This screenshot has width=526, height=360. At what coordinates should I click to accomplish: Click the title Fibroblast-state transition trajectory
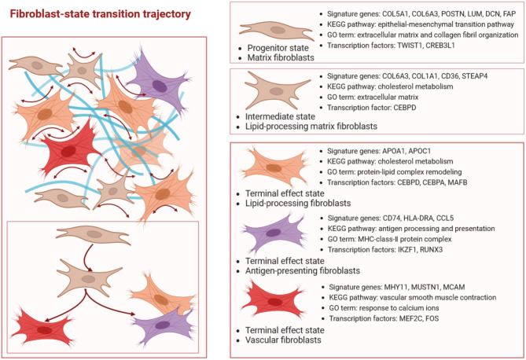[100, 14]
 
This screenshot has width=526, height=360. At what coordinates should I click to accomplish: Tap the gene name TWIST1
[410, 46]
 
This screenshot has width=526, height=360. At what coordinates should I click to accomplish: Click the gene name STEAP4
[474, 76]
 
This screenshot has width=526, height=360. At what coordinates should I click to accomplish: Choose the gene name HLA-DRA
[417, 218]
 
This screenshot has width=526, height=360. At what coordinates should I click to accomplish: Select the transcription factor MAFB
[458, 182]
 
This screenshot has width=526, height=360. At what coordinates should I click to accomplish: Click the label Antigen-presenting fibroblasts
[303, 270]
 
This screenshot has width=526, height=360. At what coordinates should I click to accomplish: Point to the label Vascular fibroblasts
[283, 340]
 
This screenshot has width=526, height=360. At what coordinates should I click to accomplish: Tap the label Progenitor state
[278, 48]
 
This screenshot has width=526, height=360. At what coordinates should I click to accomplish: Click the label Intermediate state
[280, 117]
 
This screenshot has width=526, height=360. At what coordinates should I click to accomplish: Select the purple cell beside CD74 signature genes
[274, 233]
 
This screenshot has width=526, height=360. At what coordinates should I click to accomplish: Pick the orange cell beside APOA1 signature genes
[274, 167]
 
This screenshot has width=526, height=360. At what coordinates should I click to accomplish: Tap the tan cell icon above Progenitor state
[277, 31]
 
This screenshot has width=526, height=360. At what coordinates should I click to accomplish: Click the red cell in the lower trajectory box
[42, 329]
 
